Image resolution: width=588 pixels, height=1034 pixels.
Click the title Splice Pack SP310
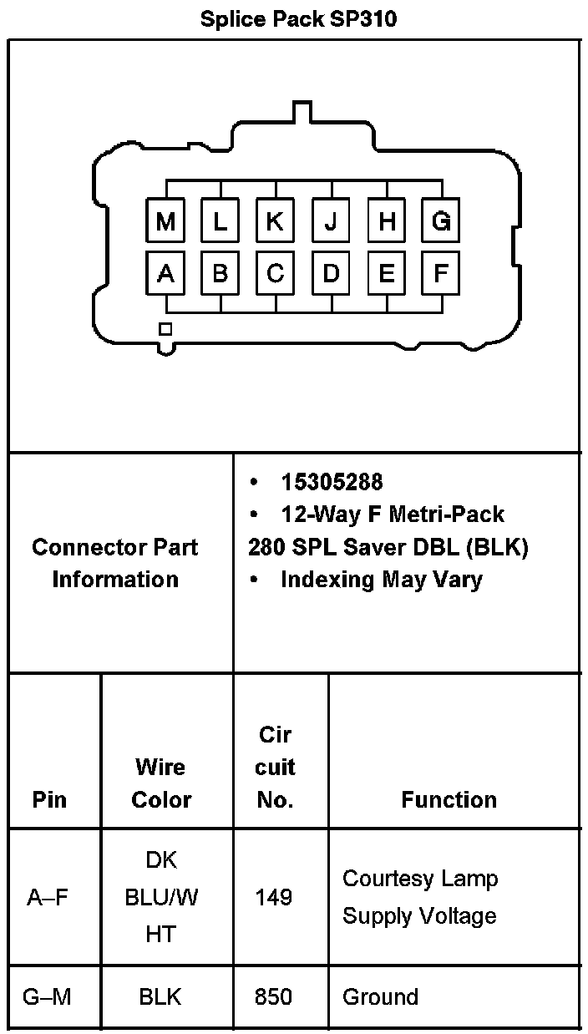coord(298,19)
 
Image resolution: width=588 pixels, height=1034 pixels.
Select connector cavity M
coord(165,221)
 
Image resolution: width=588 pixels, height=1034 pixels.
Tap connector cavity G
coord(441,221)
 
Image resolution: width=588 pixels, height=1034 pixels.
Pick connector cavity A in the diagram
coord(165,273)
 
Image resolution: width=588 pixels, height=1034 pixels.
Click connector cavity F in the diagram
coord(441,273)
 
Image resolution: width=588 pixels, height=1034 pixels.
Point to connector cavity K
coord(275,221)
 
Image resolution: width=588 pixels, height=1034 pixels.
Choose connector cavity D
coord(331,273)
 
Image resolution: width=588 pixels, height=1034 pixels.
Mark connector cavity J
coord(331,221)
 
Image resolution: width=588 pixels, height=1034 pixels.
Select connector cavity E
coord(386,273)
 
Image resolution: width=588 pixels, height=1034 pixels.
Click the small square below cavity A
coord(165,329)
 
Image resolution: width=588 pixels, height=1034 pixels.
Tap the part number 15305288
coord(332,483)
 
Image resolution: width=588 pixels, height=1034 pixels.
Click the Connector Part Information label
coord(115,563)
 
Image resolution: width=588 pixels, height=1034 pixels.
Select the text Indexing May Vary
coord(381,580)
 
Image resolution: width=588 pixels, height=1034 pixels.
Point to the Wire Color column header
coord(161,783)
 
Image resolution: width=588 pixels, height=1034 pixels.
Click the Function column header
coord(449,799)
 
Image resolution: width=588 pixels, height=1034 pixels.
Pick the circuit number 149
coord(275,897)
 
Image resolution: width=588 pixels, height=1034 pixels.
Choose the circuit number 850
coord(275,996)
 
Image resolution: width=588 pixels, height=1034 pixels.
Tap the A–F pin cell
coord(48,897)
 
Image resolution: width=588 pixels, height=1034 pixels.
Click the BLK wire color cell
coord(160,996)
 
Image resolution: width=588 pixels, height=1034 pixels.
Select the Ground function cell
coord(380,996)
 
